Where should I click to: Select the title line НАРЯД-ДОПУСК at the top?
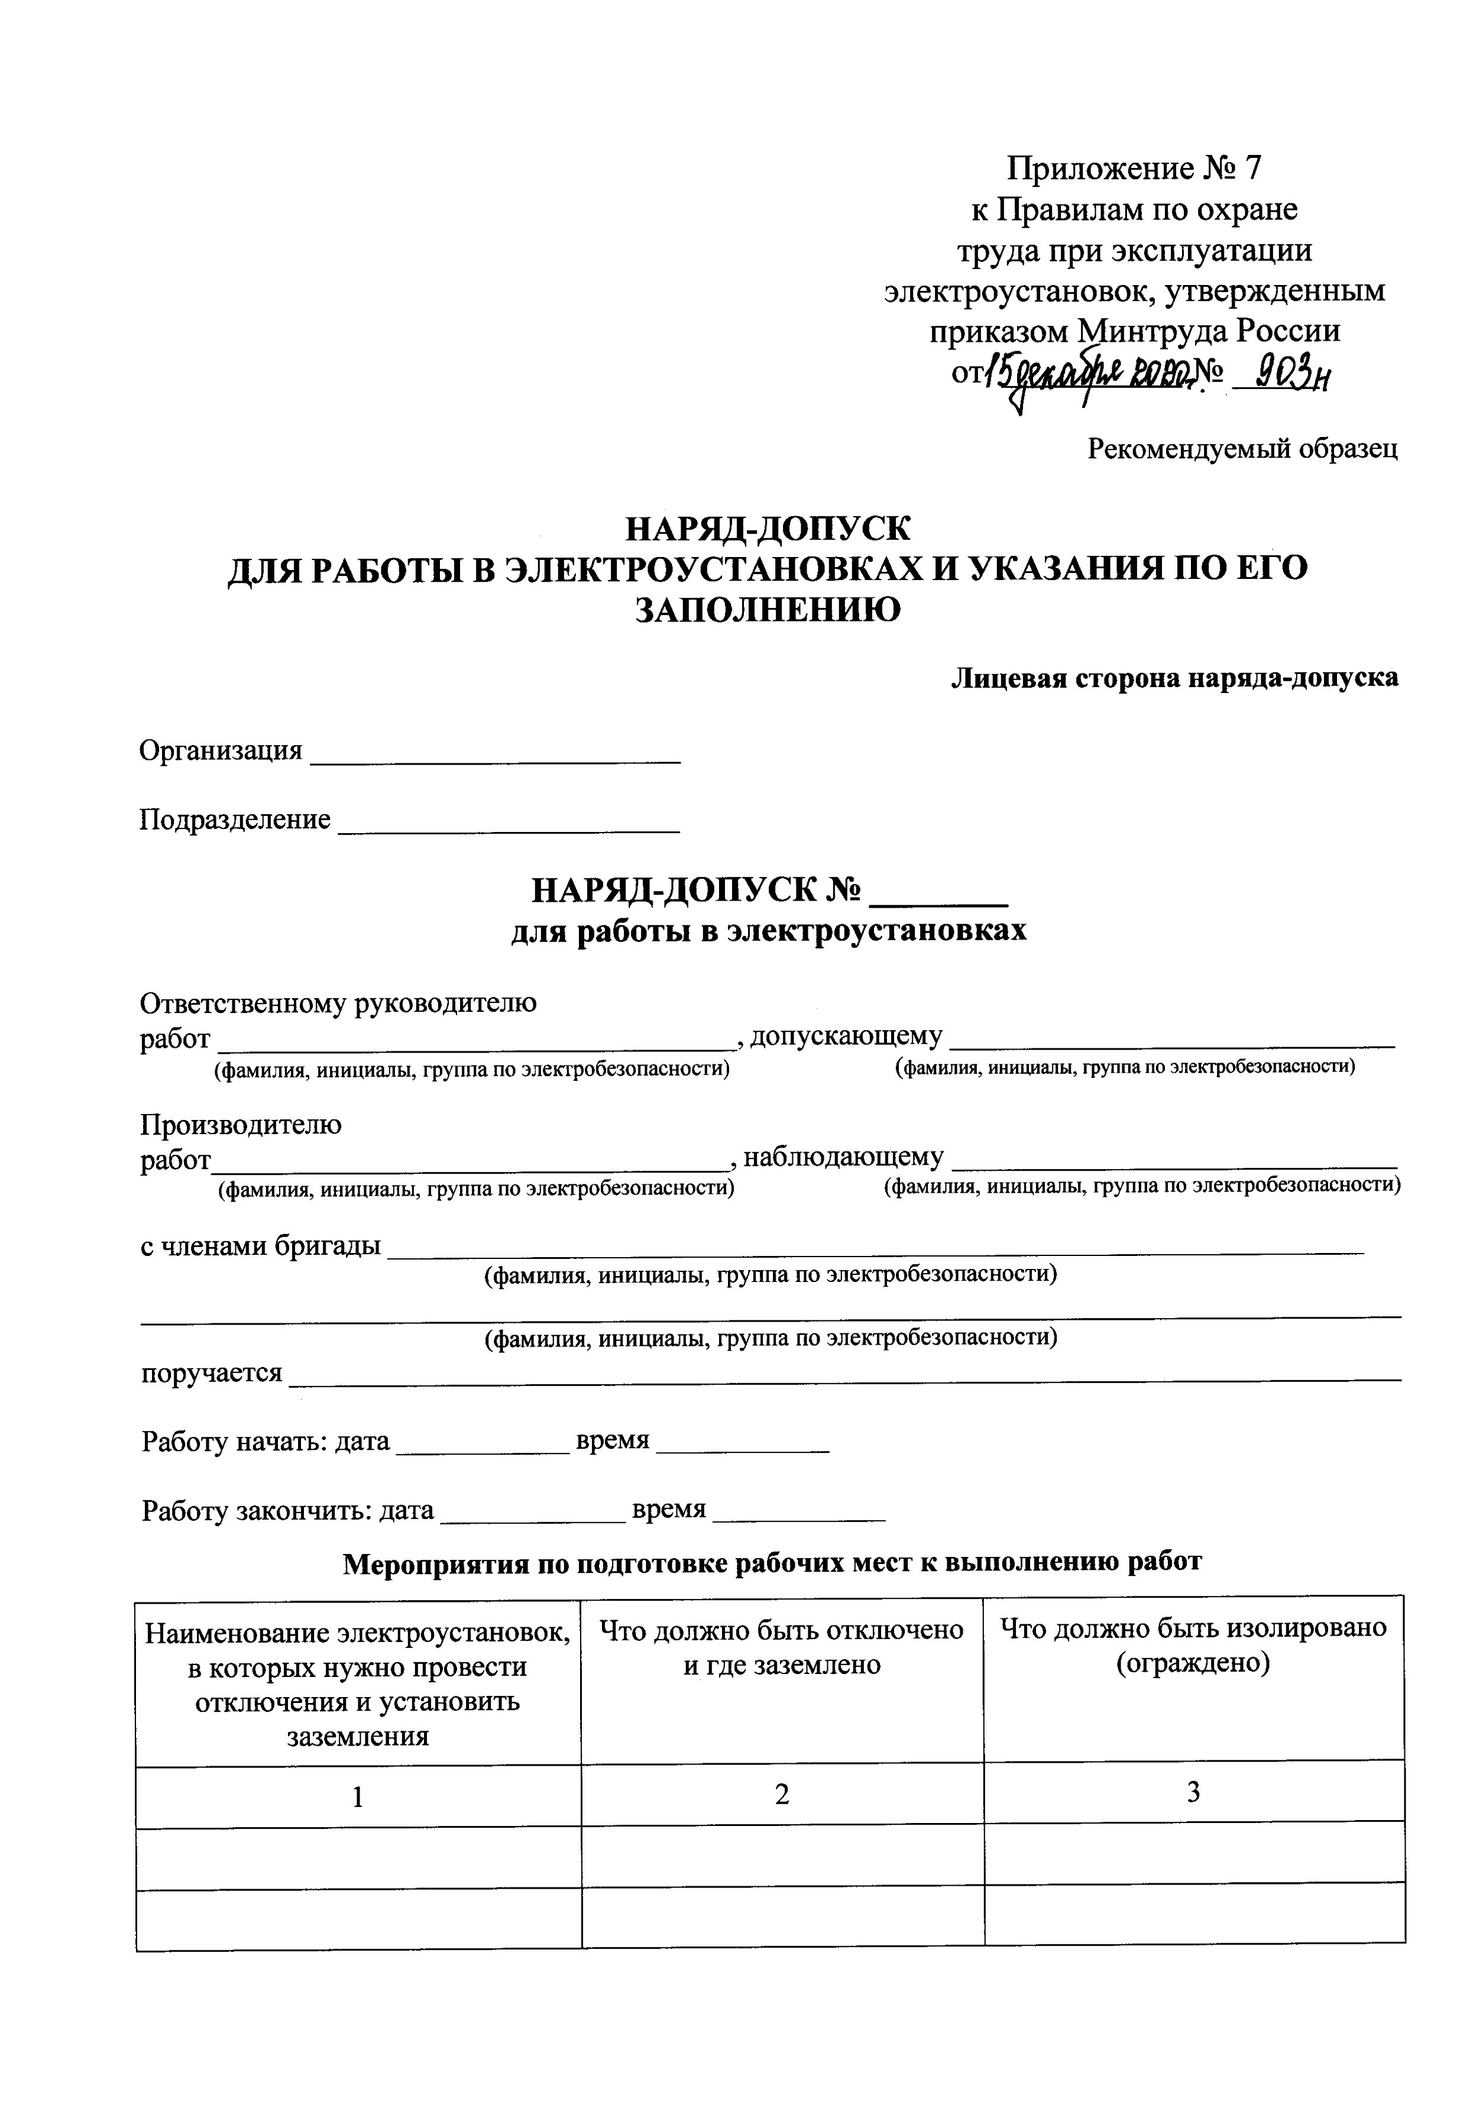point(767,530)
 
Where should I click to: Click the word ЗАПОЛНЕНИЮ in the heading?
point(768,610)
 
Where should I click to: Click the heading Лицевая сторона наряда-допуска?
point(1174,679)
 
